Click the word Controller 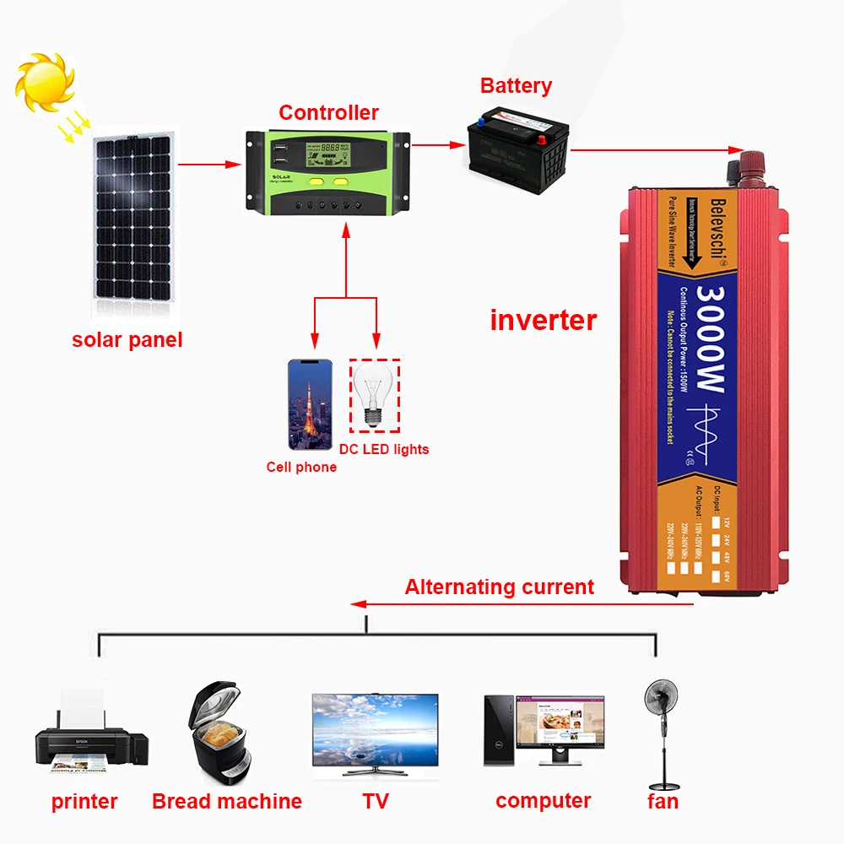tap(328, 112)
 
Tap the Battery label tap(516, 85)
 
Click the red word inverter tap(543, 320)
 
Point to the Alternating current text tap(499, 587)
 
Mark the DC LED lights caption tap(384, 449)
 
